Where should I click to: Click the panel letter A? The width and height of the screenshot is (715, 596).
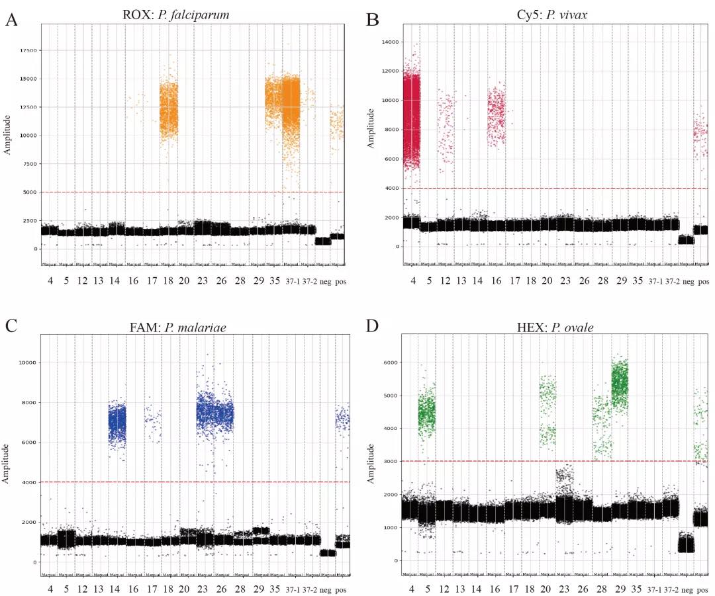pyautogui.click(x=11, y=21)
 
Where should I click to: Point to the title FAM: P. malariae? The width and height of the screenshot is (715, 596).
pyautogui.click(x=185, y=326)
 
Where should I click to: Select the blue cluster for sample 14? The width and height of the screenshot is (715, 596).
pyautogui.click(x=117, y=423)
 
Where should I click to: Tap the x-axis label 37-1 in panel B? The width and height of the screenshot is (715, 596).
pyautogui.click(x=655, y=282)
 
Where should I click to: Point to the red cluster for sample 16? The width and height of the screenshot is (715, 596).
pyautogui.click(x=496, y=116)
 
